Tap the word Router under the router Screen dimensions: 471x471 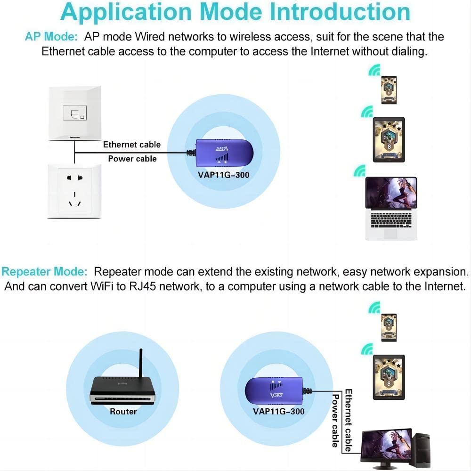click(123, 412)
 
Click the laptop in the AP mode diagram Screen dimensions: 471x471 click(391, 207)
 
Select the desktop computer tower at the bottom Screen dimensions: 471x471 click(420, 450)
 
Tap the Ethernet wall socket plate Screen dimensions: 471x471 click(74, 113)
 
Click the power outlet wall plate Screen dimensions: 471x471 click(74, 191)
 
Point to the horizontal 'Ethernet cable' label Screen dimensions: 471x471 click(132, 145)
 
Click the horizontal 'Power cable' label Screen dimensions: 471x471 click(132, 159)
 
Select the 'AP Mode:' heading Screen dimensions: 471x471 click(51, 37)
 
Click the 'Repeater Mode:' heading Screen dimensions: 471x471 click(44, 272)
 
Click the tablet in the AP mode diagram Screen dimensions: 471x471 click(389, 139)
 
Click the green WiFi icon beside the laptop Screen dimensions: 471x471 click(360, 171)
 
